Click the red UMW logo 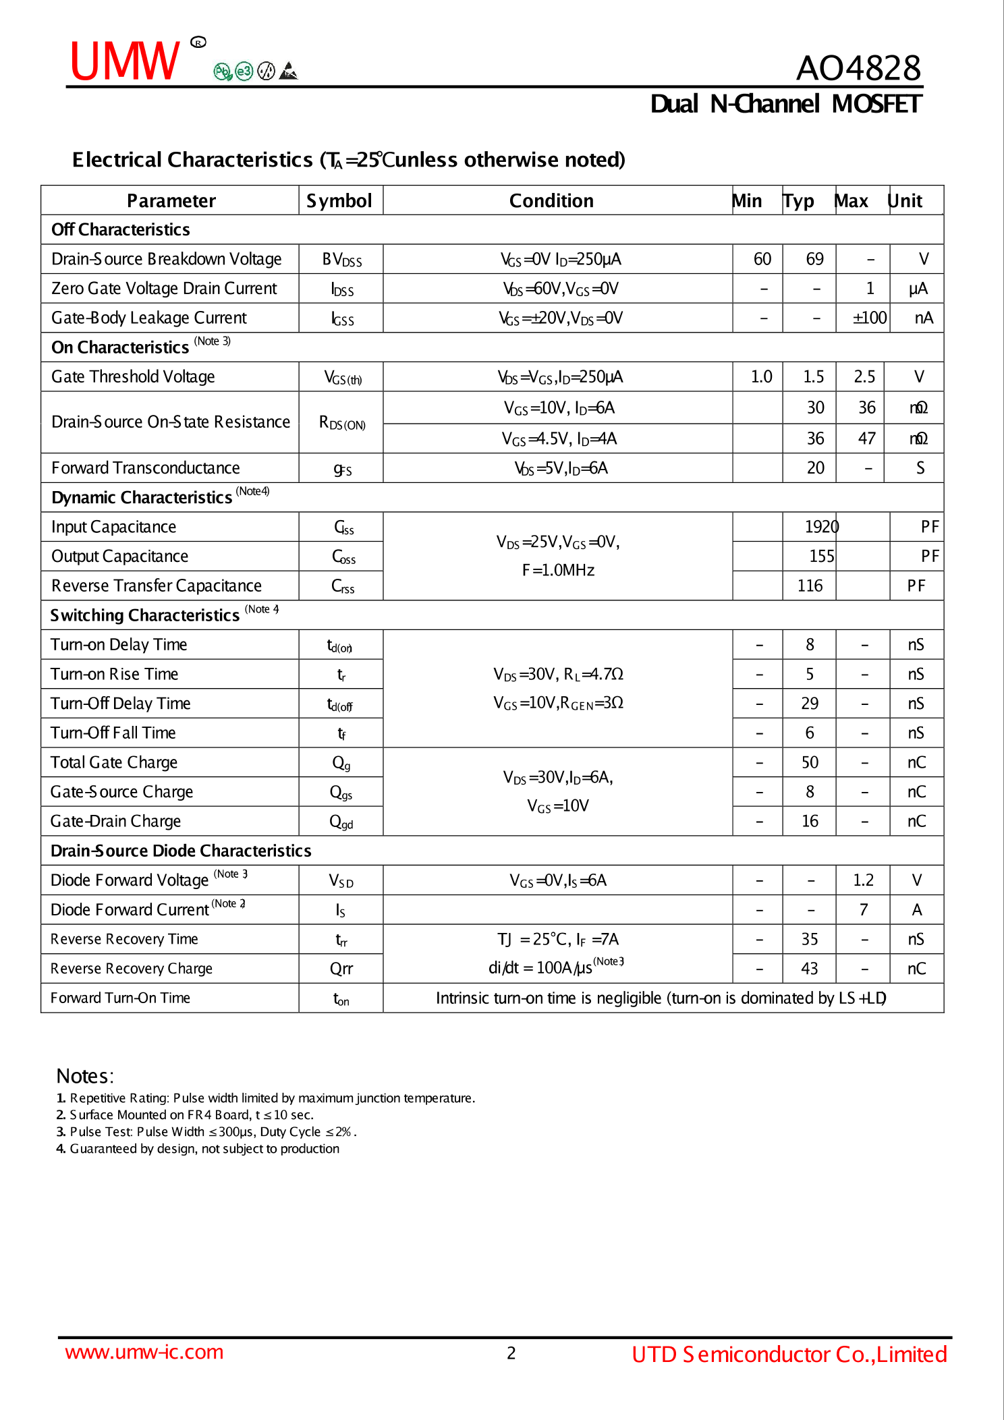[125, 61]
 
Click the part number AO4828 [858, 68]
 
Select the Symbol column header [339, 201]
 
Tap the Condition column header [551, 201]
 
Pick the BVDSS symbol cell [341, 260]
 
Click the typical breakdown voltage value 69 [814, 259]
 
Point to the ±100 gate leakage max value [869, 318]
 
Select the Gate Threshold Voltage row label [133, 376]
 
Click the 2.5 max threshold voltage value [864, 376]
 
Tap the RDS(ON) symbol [342, 423]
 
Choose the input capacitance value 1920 [821, 527]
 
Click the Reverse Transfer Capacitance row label [157, 586]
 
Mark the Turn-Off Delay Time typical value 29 [810, 704]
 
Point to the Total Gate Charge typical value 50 [810, 762]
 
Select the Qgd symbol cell [341, 822]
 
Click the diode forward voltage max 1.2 [863, 880]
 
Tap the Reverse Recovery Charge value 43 [810, 969]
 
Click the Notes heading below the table [85, 1076]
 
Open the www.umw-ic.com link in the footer [144, 1352]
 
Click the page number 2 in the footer [511, 1353]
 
